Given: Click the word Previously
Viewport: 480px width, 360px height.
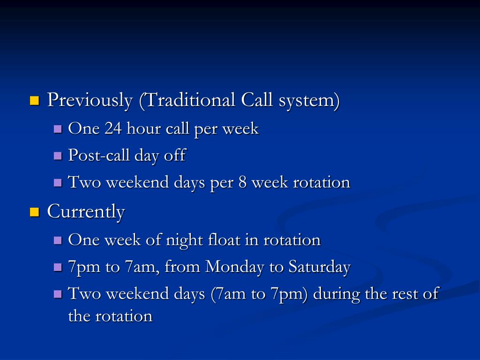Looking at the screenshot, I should coord(90,100).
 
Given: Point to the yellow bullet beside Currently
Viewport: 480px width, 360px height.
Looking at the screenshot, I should coord(34,212).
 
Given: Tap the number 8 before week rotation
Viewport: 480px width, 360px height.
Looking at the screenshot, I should coord(242,182).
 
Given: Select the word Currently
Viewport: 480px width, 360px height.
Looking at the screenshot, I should coord(86,212).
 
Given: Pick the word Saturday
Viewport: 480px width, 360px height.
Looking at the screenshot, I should coord(319,267).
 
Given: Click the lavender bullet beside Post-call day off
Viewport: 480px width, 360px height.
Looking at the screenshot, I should coord(58,156).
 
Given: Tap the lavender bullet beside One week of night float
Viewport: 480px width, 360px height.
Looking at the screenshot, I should coord(58,240).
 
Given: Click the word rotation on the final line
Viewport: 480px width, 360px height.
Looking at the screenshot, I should coord(124,316).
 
